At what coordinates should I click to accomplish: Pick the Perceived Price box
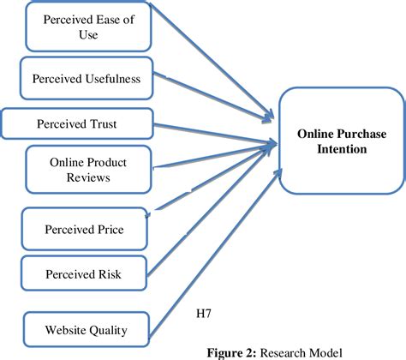tap(83, 231)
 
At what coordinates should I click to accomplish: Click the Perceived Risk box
tap(83, 274)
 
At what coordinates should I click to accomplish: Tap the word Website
tap(60, 327)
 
